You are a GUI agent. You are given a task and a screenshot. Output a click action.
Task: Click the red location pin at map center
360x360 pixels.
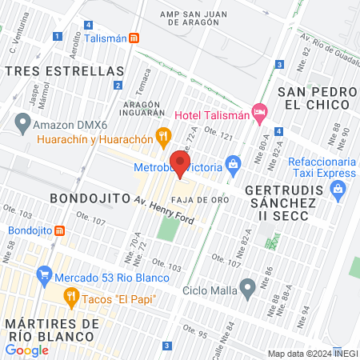pos(180,163)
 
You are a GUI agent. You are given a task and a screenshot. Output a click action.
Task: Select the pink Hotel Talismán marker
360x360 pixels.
pos(258,114)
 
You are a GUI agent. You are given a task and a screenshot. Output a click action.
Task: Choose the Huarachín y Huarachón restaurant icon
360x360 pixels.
pos(163,137)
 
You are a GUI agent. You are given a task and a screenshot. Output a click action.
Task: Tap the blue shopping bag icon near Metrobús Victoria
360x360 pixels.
pos(233,166)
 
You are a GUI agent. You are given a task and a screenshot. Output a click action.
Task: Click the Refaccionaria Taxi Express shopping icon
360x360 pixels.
pos(338,190)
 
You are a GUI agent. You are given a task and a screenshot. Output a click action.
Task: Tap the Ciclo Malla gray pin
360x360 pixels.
pos(248,286)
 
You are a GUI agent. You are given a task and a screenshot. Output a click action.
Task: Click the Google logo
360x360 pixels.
pos(27,350)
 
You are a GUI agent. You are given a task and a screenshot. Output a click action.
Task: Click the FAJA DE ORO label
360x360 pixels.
pos(199,197)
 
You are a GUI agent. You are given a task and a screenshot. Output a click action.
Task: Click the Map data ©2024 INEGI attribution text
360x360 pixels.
pos(312,354)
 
